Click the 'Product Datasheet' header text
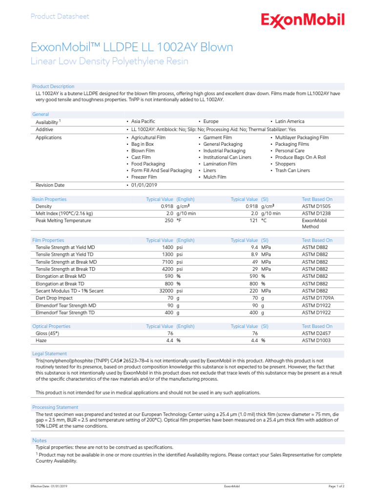point(60,17)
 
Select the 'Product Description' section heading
point(53,87)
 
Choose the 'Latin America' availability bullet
point(289,121)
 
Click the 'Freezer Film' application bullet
point(144,177)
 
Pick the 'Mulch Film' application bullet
point(215,177)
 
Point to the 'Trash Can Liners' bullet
point(292,170)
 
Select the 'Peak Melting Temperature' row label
point(63,221)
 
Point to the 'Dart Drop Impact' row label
point(54,298)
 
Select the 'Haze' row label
point(42,340)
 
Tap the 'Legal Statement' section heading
point(49,354)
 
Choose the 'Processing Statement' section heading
point(55,407)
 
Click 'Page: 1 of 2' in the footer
point(336,486)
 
